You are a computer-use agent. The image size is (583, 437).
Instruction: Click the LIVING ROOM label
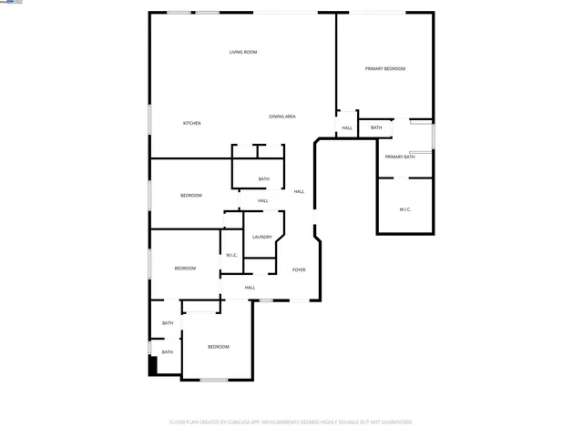243,52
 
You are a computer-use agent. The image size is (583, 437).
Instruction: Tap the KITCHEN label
191,123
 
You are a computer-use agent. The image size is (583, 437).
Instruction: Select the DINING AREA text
281,117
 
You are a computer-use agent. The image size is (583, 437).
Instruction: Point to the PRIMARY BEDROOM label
384,69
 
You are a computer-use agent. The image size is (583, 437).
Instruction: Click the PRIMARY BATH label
399,157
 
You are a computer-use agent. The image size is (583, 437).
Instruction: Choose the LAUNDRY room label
262,237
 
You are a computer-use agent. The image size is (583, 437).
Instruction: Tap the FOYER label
298,270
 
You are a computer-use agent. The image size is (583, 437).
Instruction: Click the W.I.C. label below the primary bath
404,209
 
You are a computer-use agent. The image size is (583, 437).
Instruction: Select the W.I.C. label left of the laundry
231,255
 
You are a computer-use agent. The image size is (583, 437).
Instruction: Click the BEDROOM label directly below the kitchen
190,196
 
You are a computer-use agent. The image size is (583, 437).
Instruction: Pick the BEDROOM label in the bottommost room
218,347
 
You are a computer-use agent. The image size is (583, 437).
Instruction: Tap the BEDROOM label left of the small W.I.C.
185,268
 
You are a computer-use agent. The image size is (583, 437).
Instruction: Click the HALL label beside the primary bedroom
346,128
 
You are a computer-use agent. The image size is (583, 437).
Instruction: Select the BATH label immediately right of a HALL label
376,127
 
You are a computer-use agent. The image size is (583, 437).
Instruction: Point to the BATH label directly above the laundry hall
263,178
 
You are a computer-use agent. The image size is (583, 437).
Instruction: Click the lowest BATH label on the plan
168,351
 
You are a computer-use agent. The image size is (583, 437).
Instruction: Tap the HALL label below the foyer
250,288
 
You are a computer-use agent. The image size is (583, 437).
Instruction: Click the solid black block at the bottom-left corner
153,365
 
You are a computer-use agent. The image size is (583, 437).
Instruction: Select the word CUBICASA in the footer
240,422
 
